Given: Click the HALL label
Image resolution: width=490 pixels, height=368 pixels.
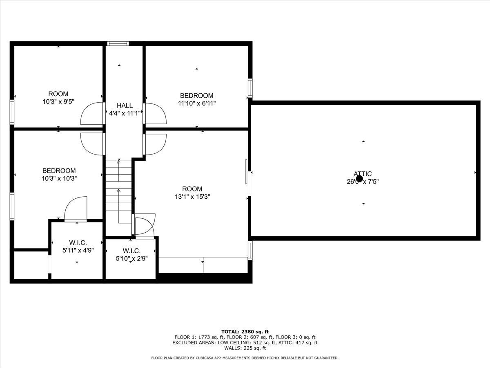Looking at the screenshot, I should coord(125,105).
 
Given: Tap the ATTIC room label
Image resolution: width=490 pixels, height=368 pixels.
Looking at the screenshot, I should coord(363,174).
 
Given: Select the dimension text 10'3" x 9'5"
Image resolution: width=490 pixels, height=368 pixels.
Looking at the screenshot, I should coord(58,101).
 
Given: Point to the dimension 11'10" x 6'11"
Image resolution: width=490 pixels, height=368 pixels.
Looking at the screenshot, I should coord(196,103).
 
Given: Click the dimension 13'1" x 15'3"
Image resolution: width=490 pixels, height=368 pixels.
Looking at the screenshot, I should coord(192,197).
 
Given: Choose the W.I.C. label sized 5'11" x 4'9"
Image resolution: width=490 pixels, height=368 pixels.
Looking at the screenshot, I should coord(78,243).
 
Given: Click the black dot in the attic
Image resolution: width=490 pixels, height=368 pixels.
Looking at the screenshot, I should coord(359,179).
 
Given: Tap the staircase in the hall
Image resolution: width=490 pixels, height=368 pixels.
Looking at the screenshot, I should coord(119,192).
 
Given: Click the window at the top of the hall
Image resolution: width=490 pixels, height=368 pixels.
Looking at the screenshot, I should coord(118,43).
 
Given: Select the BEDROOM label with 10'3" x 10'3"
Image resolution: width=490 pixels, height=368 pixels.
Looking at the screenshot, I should coord(59,171).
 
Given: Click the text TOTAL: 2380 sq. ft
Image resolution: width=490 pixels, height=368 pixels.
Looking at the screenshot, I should coord(245,332).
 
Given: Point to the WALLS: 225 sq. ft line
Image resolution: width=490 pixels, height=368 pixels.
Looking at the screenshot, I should coord(245,348).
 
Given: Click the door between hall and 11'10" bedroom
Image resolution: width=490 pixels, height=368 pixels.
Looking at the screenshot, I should coord(154,113).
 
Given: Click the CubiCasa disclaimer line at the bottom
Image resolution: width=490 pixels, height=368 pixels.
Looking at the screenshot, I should coord(245,358).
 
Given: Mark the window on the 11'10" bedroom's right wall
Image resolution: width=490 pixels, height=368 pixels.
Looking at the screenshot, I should coord(250,88).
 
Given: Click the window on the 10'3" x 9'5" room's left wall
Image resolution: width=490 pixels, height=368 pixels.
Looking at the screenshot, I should coord(12,112).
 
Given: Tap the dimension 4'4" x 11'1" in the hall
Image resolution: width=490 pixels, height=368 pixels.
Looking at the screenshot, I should coord(125,113).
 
